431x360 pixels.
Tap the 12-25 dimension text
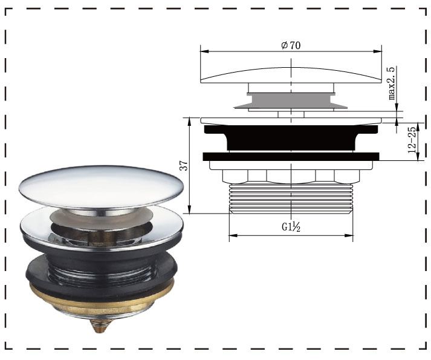[412, 140]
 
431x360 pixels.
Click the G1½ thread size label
[291, 227]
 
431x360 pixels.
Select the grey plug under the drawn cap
[291, 99]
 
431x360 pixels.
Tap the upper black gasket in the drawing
[291, 137]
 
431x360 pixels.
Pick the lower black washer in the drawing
[291, 157]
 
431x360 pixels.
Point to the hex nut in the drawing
[291, 174]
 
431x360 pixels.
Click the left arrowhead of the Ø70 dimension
[203, 52]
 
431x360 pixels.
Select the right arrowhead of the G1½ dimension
[351, 235]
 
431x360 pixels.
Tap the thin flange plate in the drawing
[291, 120]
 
